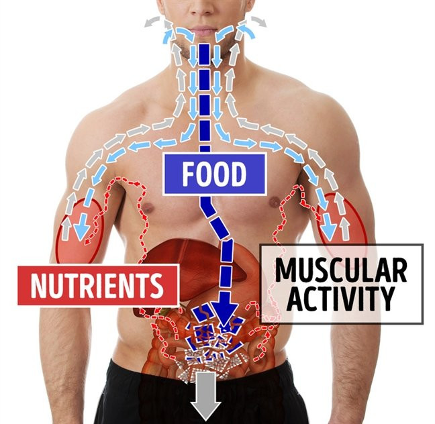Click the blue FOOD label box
point(215,174)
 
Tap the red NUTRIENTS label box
point(98,285)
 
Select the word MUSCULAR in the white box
point(341,270)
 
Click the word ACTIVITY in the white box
point(341,299)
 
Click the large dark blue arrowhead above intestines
point(225,313)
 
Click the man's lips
point(203,30)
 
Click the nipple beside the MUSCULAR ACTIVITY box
point(275,202)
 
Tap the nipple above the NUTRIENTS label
point(148,207)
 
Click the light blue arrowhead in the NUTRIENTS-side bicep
point(82,231)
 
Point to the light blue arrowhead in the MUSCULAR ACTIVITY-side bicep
point(330,231)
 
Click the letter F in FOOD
point(189,174)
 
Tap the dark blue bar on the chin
point(204,54)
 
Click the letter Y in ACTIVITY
point(387,299)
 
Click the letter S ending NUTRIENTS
point(156,285)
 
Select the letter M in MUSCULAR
point(285,270)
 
